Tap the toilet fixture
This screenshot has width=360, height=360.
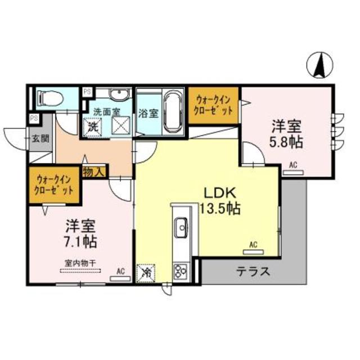[50, 99]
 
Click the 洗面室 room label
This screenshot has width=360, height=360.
[106, 111]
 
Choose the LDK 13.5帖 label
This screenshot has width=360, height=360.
[220, 200]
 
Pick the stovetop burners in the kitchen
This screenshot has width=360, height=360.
[182, 271]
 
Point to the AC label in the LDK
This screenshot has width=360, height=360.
[253, 244]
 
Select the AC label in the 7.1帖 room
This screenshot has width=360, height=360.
[120, 271]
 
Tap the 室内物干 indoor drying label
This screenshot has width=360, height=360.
[78, 262]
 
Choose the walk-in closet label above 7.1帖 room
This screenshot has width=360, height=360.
[55, 184]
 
